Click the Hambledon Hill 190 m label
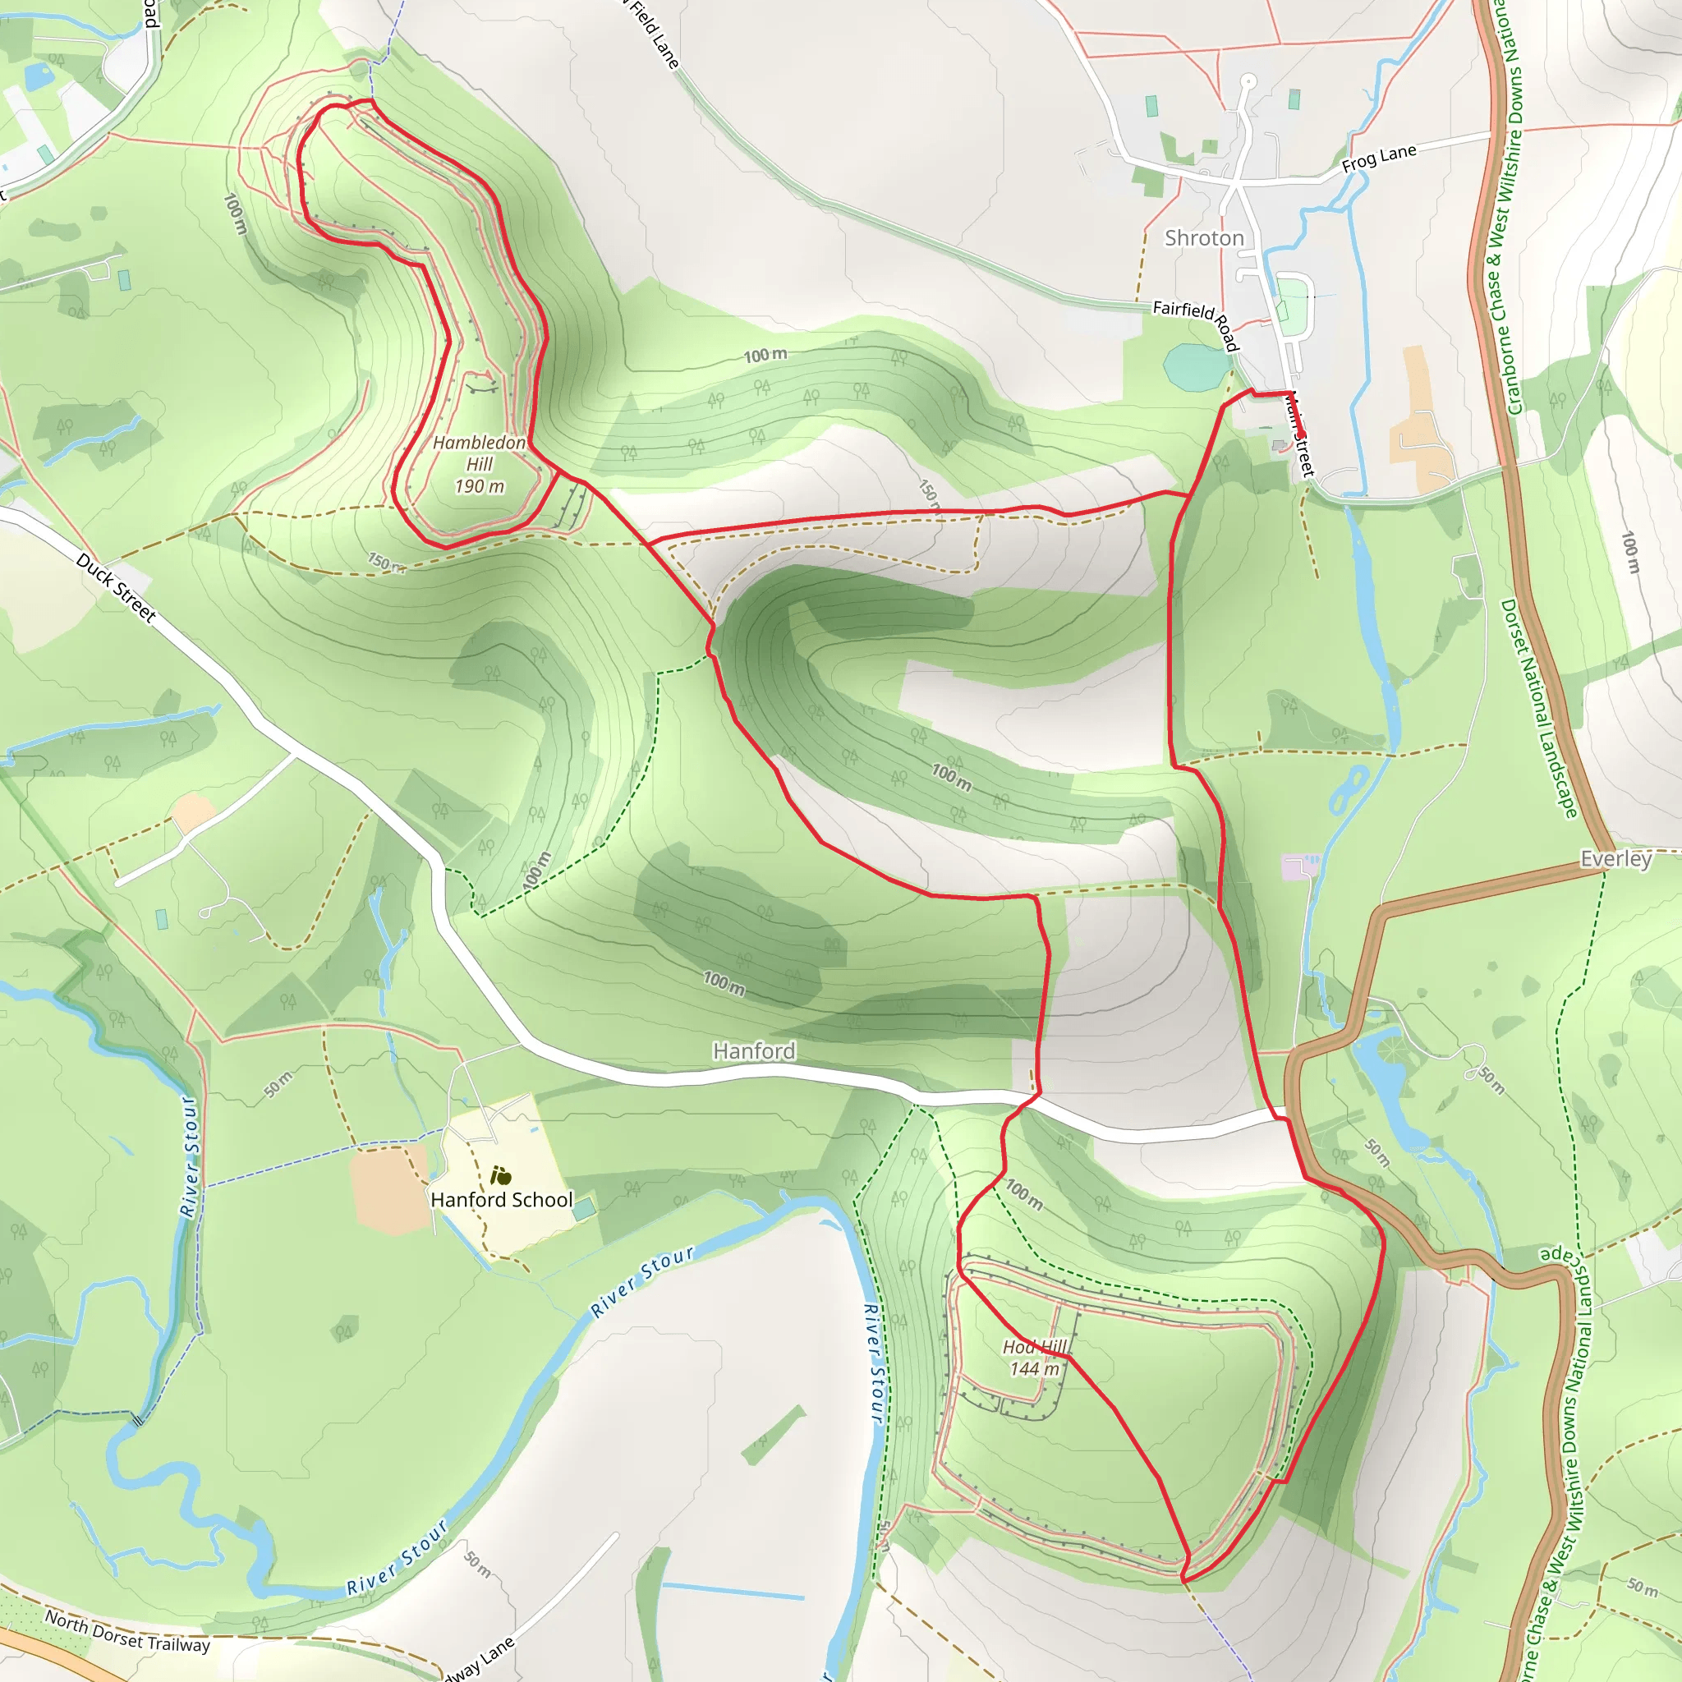point(480,464)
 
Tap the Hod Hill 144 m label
point(1035,1358)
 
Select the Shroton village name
point(1204,237)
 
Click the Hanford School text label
point(502,1200)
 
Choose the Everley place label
point(1615,858)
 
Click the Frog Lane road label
point(1379,158)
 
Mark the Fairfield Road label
point(1195,324)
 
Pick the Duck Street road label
point(116,588)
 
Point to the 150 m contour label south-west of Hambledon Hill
point(384,563)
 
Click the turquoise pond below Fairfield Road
point(1195,366)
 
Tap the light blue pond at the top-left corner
point(39,77)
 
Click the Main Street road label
point(1301,435)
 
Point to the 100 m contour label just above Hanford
point(724,983)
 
